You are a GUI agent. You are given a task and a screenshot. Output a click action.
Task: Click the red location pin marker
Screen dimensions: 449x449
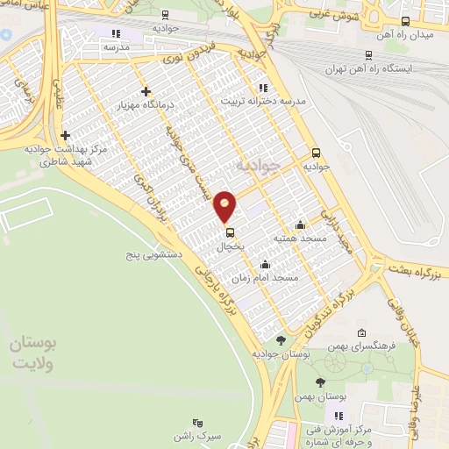(x=225, y=206)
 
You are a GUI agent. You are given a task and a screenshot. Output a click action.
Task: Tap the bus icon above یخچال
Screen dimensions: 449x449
(x=230, y=232)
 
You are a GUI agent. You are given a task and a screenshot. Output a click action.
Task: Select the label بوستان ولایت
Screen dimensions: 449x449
(x=32, y=356)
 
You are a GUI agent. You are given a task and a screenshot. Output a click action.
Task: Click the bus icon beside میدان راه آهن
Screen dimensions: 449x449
(x=404, y=21)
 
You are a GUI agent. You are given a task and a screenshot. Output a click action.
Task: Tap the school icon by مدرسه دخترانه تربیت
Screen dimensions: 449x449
(x=263, y=88)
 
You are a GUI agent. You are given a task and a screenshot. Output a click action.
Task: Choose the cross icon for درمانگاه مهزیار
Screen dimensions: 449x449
(x=146, y=90)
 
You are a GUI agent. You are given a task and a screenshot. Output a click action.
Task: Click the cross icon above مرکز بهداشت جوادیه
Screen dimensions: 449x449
(x=66, y=135)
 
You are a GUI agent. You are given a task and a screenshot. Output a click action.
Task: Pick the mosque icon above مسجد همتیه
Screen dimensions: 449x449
(x=301, y=224)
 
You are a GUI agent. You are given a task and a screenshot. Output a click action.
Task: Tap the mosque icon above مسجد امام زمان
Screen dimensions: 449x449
(x=265, y=265)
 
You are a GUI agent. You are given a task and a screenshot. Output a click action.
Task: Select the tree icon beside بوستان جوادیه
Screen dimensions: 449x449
(x=281, y=340)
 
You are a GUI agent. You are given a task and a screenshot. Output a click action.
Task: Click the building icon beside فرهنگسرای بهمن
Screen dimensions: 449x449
(x=362, y=332)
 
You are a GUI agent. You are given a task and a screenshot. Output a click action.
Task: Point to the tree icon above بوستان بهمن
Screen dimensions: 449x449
(x=319, y=381)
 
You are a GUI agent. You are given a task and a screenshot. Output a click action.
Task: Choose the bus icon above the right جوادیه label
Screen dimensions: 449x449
(x=317, y=151)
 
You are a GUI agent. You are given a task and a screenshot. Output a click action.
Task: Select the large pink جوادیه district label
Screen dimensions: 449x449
(x=260, y=164)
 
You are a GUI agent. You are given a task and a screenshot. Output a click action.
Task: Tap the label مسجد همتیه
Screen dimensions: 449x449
(x=300, y=238)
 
